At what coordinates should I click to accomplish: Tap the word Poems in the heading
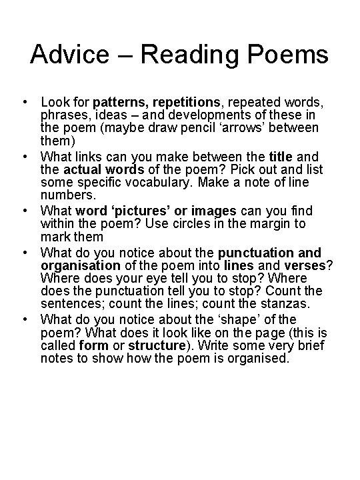(289, 54)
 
